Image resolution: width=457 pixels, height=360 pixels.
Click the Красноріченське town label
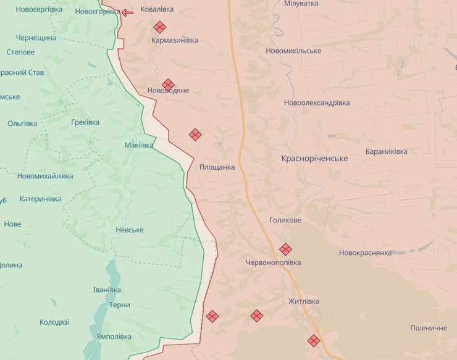tap(314, 159)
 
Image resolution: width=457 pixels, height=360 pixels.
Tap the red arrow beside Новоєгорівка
tap(127, 12)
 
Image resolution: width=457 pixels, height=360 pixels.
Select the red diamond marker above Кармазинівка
tap(159, 27)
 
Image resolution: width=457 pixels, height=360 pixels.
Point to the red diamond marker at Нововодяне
tap(168, 84)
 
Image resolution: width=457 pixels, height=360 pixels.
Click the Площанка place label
tap(217, 167)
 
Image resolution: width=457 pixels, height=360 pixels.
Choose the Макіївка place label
tap(139, 145)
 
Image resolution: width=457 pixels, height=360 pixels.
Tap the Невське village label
tap(130, 230)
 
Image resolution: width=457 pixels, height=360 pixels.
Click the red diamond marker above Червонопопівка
tap(285, 249)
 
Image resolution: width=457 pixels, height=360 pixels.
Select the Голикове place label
tap(285, 220)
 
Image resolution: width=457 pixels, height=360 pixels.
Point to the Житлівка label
tap(304, 301)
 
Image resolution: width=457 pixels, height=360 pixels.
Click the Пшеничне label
tap(428, 328)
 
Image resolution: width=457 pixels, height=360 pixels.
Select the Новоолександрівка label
tap(317, 103)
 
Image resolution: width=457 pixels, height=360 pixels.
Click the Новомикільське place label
tap(293, 51)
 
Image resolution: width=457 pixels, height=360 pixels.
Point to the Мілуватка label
tap(301, 4)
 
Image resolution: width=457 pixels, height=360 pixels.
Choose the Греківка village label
tap(85, 122)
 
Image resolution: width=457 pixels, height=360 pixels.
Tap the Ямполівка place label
tap(114, 337)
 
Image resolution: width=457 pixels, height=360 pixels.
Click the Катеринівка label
tap(41, 199)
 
